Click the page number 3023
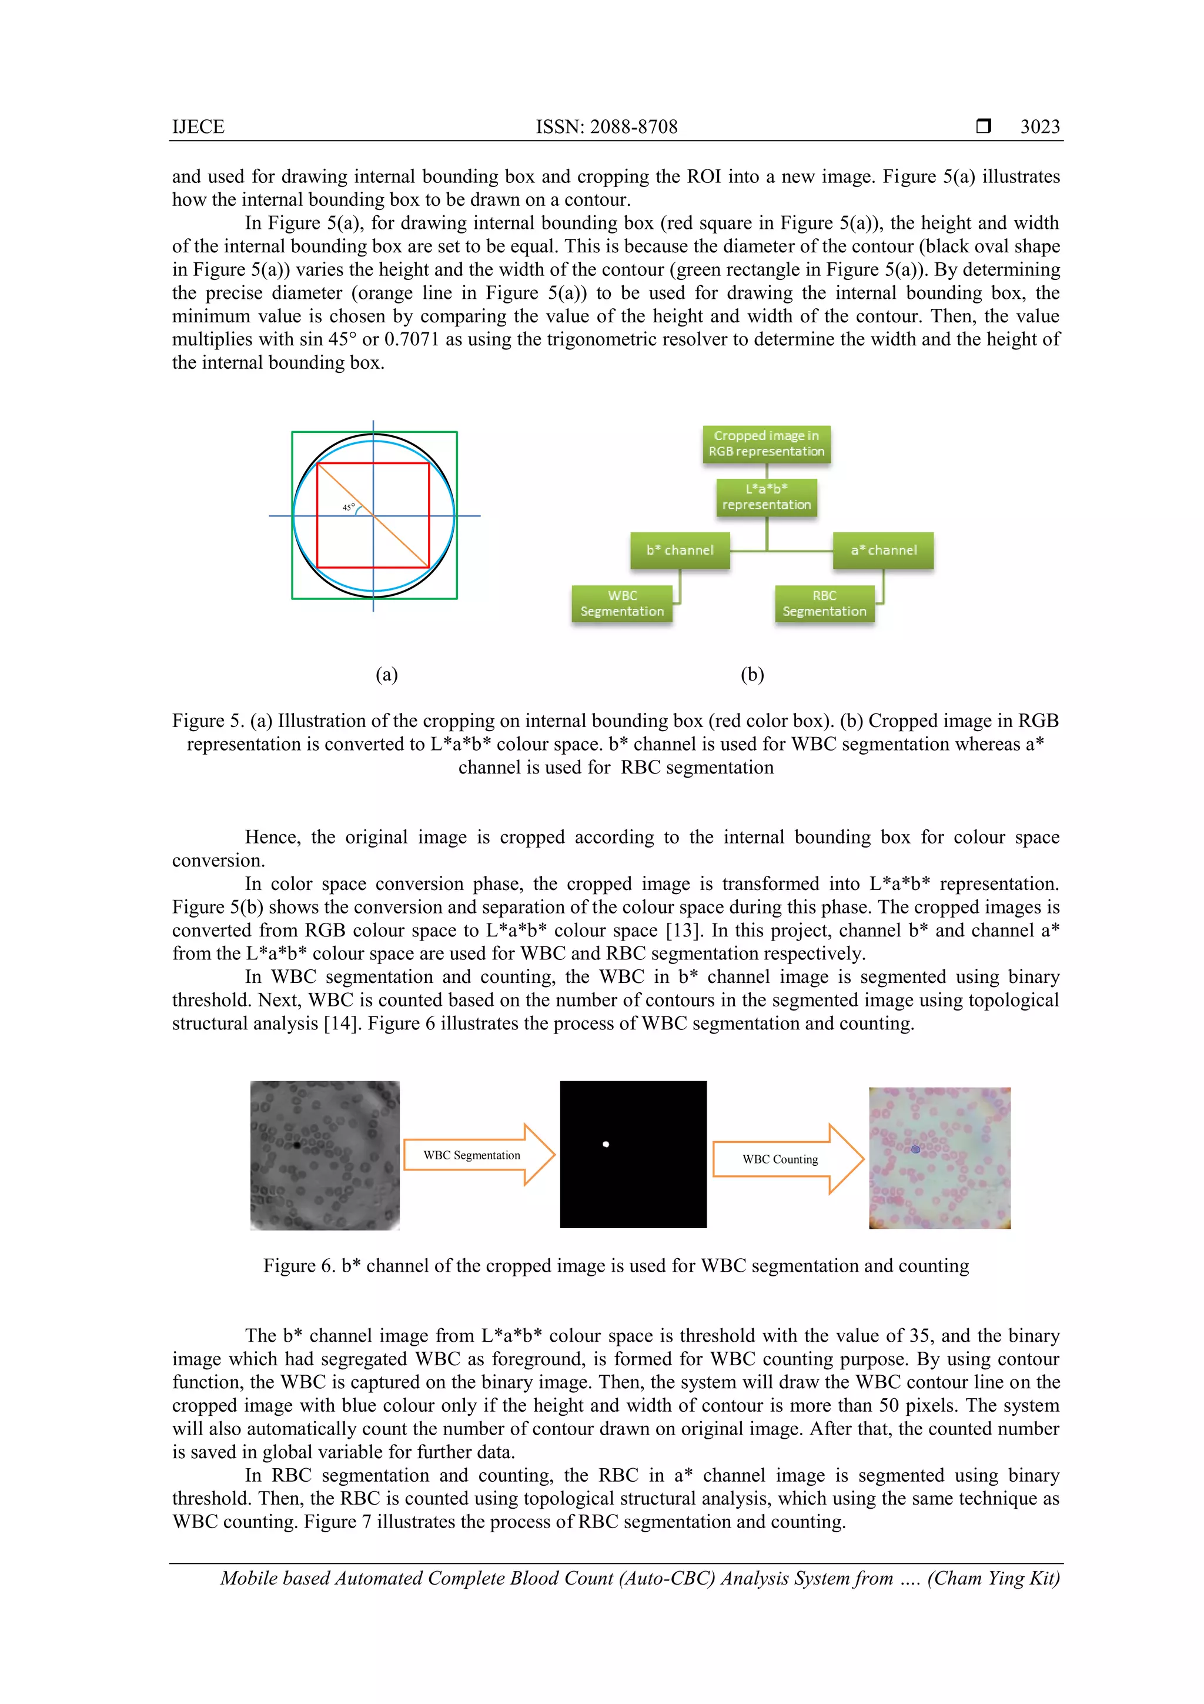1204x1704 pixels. coord(1039,127)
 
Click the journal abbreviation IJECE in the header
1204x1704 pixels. coord(198,127)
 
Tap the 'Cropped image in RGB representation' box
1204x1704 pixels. coord(767,444)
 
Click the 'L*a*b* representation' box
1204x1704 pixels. coord(767,496)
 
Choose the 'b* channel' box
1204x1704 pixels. coord(680,550)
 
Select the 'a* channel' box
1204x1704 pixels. coord(883,550)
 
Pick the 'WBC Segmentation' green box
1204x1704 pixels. coord(621,603)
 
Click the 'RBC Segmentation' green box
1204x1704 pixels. coord(824,603)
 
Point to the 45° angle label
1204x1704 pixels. coord(348,508)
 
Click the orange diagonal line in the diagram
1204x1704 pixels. coord(400,542)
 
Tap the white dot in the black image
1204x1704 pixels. coord(606,1145)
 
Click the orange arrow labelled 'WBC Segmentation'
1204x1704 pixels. coord(479,1155)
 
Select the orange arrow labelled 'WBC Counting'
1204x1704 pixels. coord(787,1159)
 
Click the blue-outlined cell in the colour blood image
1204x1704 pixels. coord(915,1149)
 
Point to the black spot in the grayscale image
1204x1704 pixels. coord(297,1145)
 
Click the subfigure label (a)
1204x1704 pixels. coord(386,674)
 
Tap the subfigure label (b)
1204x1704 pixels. coord(752,674)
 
